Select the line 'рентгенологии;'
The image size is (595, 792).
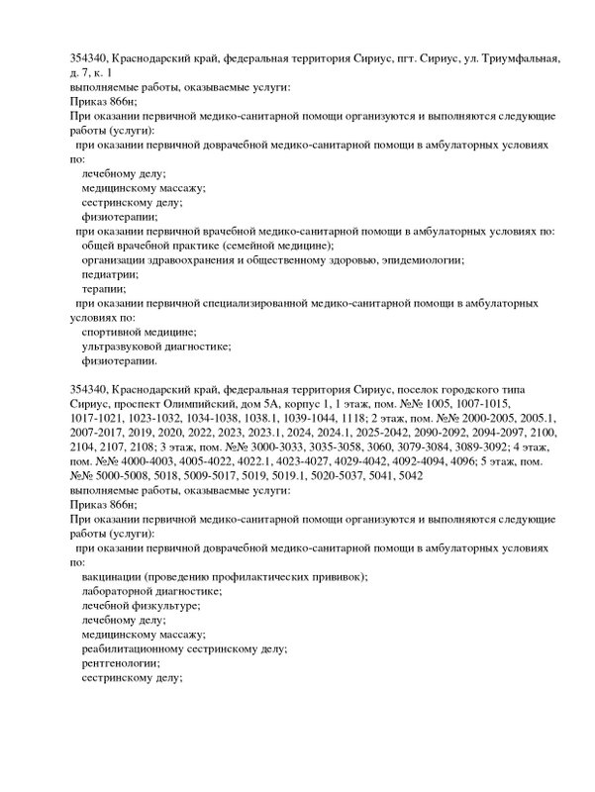coord(121,663)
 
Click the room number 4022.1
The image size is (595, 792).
coord(251,461)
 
